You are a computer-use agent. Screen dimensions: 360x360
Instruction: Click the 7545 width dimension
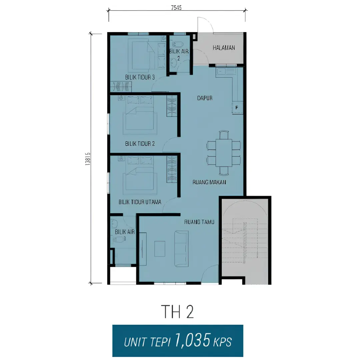176,8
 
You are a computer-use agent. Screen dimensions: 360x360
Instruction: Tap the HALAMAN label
224,48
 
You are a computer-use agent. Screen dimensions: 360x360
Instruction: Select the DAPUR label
205,98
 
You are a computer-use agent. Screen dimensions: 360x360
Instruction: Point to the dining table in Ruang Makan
224,153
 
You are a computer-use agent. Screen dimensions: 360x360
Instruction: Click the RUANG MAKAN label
209,182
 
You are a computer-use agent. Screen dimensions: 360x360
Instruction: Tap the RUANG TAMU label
199,222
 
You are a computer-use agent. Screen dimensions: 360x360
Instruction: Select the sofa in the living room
182,249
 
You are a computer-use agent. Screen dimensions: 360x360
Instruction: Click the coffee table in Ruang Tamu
160,249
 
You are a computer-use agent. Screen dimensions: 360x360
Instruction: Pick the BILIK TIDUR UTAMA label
140,202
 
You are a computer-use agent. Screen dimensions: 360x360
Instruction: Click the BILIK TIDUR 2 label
140,144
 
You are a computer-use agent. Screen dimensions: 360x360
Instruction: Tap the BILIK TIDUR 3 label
140,77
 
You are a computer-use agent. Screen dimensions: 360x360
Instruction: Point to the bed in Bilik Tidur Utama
140,176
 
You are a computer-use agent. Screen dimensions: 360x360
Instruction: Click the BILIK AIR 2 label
179,55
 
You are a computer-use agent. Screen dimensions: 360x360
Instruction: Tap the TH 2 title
177,312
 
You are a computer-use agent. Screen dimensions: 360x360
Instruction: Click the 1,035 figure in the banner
192,340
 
